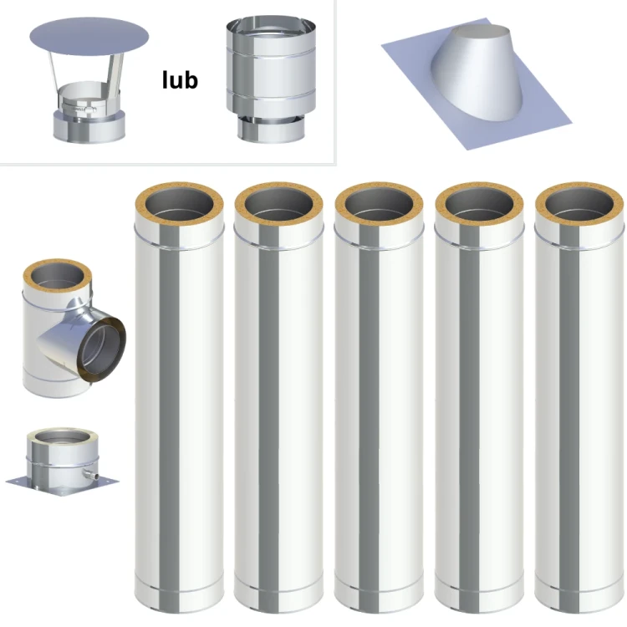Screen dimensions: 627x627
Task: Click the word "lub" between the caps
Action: [x=180, y=80]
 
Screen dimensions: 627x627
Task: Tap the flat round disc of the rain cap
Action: [x=89, y=37]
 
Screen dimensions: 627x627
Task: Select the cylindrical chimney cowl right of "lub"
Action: [x=271, y=79]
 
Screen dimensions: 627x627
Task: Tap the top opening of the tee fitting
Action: [x=58, y=276]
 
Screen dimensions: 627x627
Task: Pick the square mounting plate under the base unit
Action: [x=63, y=486]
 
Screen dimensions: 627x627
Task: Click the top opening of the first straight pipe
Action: [x=179, y=205]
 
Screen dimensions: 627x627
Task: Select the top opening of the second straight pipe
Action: [x=278, y=205]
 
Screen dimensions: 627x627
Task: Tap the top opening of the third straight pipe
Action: [x=379, y=205]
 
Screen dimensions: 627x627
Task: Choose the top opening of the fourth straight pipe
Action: [x=480, y=205]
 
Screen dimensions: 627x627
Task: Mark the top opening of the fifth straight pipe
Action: [x=579, y=205]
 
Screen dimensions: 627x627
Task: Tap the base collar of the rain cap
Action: [x=89, y=126]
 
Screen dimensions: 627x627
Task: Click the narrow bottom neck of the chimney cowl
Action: [x=271, y=130]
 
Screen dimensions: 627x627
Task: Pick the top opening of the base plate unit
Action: [x=62, y=437]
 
